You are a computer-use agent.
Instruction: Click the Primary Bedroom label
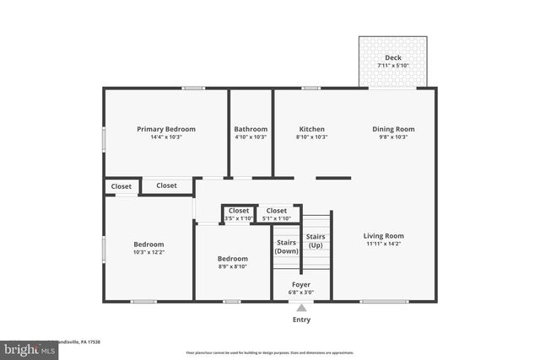point(166,129)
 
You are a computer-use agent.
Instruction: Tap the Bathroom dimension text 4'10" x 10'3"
point(251,137)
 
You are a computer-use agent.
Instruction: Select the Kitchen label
point(311,129)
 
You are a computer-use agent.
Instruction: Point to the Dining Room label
point(393,129)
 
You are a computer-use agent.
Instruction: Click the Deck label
point(393,58)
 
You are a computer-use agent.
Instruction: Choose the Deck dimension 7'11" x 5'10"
point(393,66)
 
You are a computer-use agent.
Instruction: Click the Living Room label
point(384,236)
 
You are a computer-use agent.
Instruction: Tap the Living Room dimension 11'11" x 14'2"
point(384,244)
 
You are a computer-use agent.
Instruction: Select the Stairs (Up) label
point(316,240)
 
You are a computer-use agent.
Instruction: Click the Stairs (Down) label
point(287,246)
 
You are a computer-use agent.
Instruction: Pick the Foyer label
point(301,285)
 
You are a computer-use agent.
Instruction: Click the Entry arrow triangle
point(301,309)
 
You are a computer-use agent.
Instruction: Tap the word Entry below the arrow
point(301,320)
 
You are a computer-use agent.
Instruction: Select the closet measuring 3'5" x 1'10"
point(239,218)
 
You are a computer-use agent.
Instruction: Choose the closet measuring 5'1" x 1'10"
point(277,218)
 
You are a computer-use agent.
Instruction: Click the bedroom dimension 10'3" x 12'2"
point(148,251)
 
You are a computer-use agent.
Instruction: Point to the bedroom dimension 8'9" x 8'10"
point(233,267)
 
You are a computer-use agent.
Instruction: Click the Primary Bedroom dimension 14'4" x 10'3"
point(166,137)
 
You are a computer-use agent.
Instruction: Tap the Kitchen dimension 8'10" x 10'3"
point(311,137)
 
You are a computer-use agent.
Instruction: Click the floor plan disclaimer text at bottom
point(270,352)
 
